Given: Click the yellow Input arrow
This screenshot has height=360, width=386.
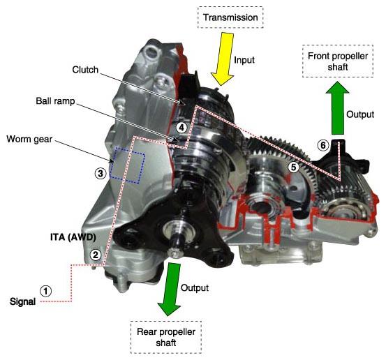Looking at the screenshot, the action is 223,59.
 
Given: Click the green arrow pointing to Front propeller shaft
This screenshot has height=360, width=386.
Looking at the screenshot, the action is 338,108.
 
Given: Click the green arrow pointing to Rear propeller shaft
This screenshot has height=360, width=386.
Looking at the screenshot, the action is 170,289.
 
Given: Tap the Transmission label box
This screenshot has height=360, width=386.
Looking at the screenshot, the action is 230,17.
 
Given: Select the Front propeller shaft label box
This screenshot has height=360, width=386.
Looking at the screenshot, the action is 338,61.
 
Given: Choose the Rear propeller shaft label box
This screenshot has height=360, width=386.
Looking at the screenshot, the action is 166,337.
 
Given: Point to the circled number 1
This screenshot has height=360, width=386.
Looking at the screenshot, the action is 46,291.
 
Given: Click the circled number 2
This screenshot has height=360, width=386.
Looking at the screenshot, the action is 95,255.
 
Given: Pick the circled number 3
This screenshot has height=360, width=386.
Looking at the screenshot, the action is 101,174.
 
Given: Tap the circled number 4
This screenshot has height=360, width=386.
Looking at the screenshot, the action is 181,128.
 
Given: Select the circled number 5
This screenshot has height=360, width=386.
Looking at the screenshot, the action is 293,167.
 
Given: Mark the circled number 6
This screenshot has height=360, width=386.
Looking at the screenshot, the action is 323,145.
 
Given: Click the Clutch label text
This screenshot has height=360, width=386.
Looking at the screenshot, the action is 85,70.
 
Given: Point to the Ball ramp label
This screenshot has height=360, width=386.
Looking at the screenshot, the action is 55,101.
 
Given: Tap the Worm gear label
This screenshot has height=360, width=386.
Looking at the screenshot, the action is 29,140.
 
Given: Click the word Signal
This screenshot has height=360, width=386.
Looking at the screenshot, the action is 22,301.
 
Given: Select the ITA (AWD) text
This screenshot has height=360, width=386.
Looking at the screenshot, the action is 73,237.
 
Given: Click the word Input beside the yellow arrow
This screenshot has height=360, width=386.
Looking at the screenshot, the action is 244,60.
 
